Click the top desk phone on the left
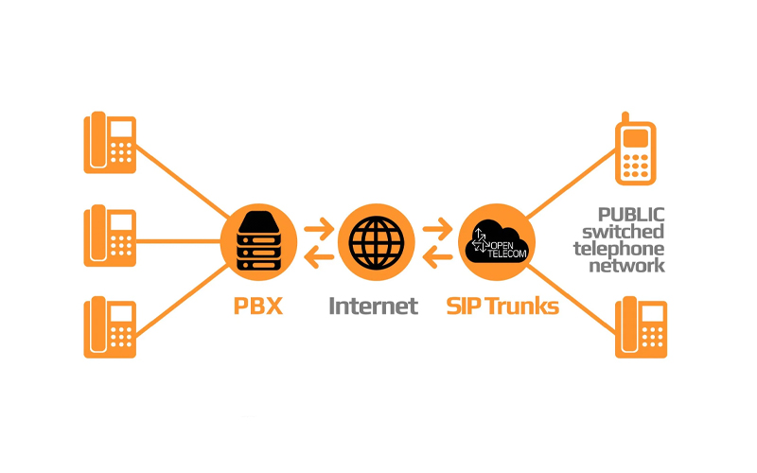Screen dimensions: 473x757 pyautogui.click(x=111, y=143)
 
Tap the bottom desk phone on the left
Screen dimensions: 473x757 pyautogui.click(x=111, y=327)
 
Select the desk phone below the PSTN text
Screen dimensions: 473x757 pyautogui.click(x=642, y=327)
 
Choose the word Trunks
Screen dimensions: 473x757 pyautogui.click(x=519, y=307)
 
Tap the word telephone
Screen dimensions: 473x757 pyautogui.click(x=622, y=249)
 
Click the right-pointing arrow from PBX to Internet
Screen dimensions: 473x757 pyautogui.click(x=317, y=228)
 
